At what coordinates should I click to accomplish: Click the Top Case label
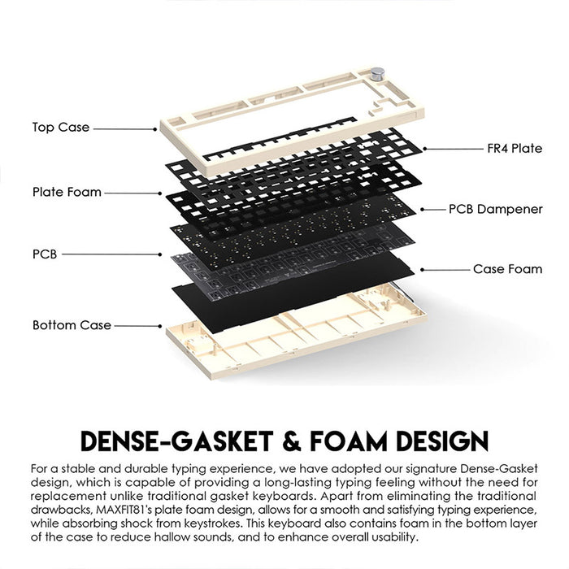coord(61,128)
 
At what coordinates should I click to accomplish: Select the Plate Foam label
coord(67,193)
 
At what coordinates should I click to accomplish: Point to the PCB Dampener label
coord(495,209)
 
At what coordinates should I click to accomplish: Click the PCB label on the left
coord(45,254)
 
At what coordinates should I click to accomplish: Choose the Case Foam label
coord(507,269)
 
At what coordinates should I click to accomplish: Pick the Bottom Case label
coord(72,325)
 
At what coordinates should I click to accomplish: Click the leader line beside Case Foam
coord(443,268)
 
